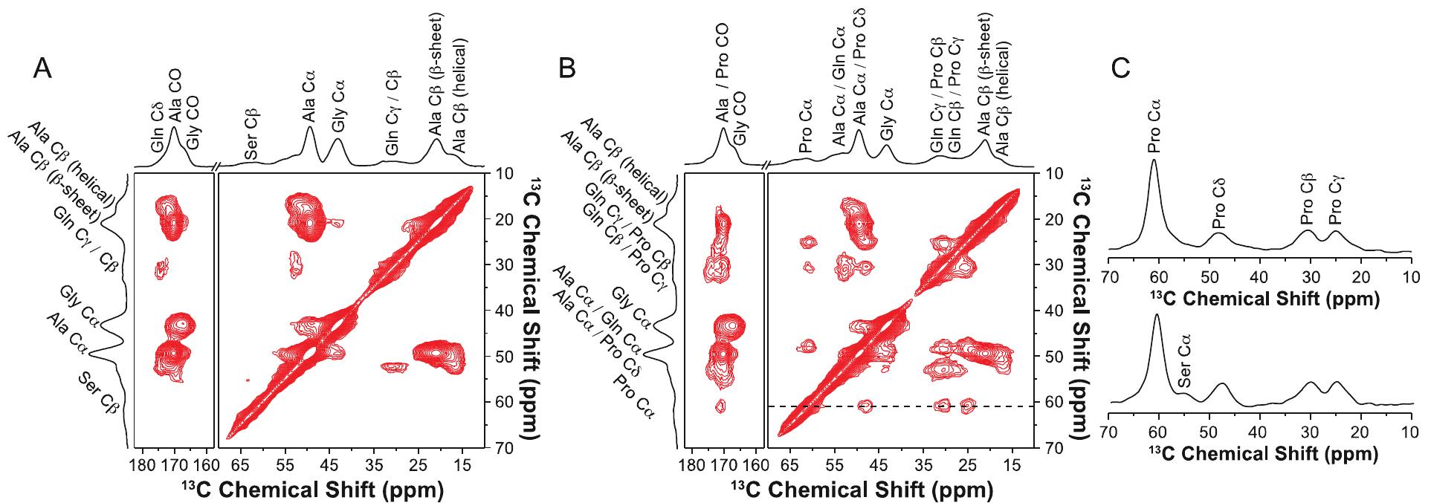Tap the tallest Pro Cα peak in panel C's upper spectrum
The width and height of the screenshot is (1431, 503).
coord(1154,160)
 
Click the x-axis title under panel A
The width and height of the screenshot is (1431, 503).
coord(313,491)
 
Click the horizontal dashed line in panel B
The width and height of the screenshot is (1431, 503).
coord(892,406)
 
